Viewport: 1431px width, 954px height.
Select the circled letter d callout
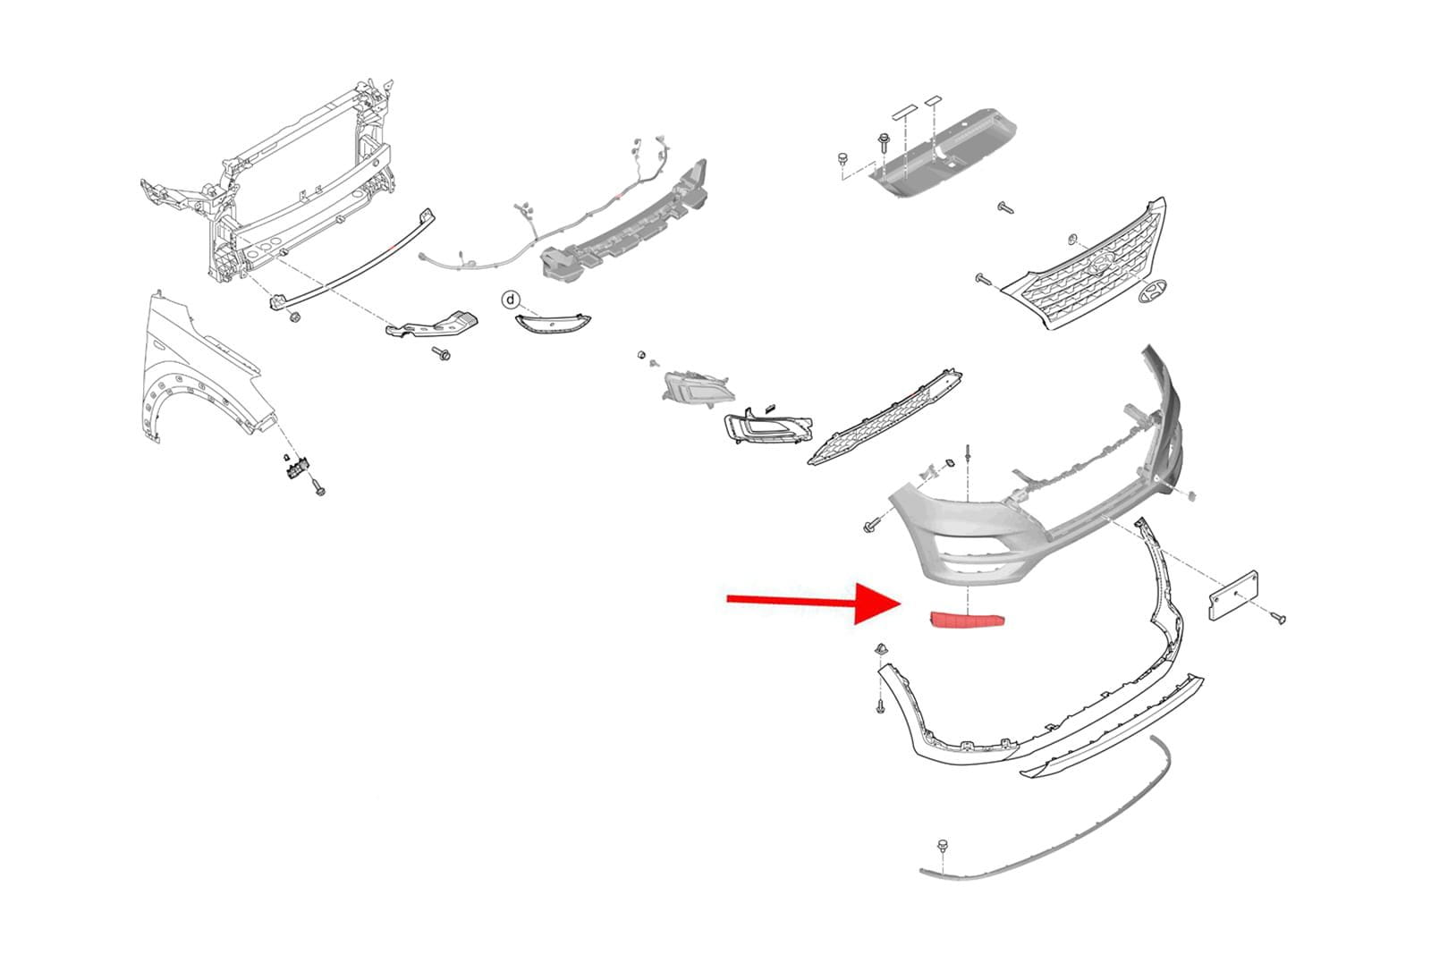[x=511, y=299]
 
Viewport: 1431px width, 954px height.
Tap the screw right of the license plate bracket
[x=1279, y=618]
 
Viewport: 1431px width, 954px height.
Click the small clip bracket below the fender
[x=295, y=467]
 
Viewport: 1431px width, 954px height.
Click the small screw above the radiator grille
[x=1005, y=208]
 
